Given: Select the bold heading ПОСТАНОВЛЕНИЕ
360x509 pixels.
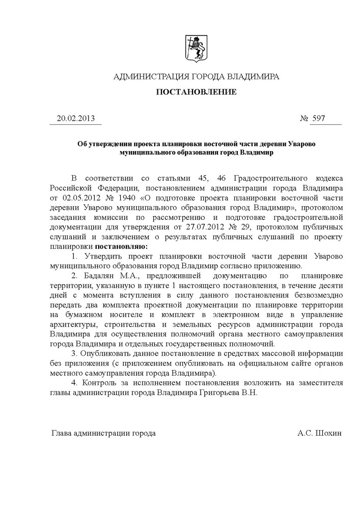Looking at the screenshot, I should point(196,92).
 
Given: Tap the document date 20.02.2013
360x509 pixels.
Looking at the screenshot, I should point(76,119).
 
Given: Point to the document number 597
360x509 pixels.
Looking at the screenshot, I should point(319,119).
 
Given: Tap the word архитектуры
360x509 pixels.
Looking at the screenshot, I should point(72,324).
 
